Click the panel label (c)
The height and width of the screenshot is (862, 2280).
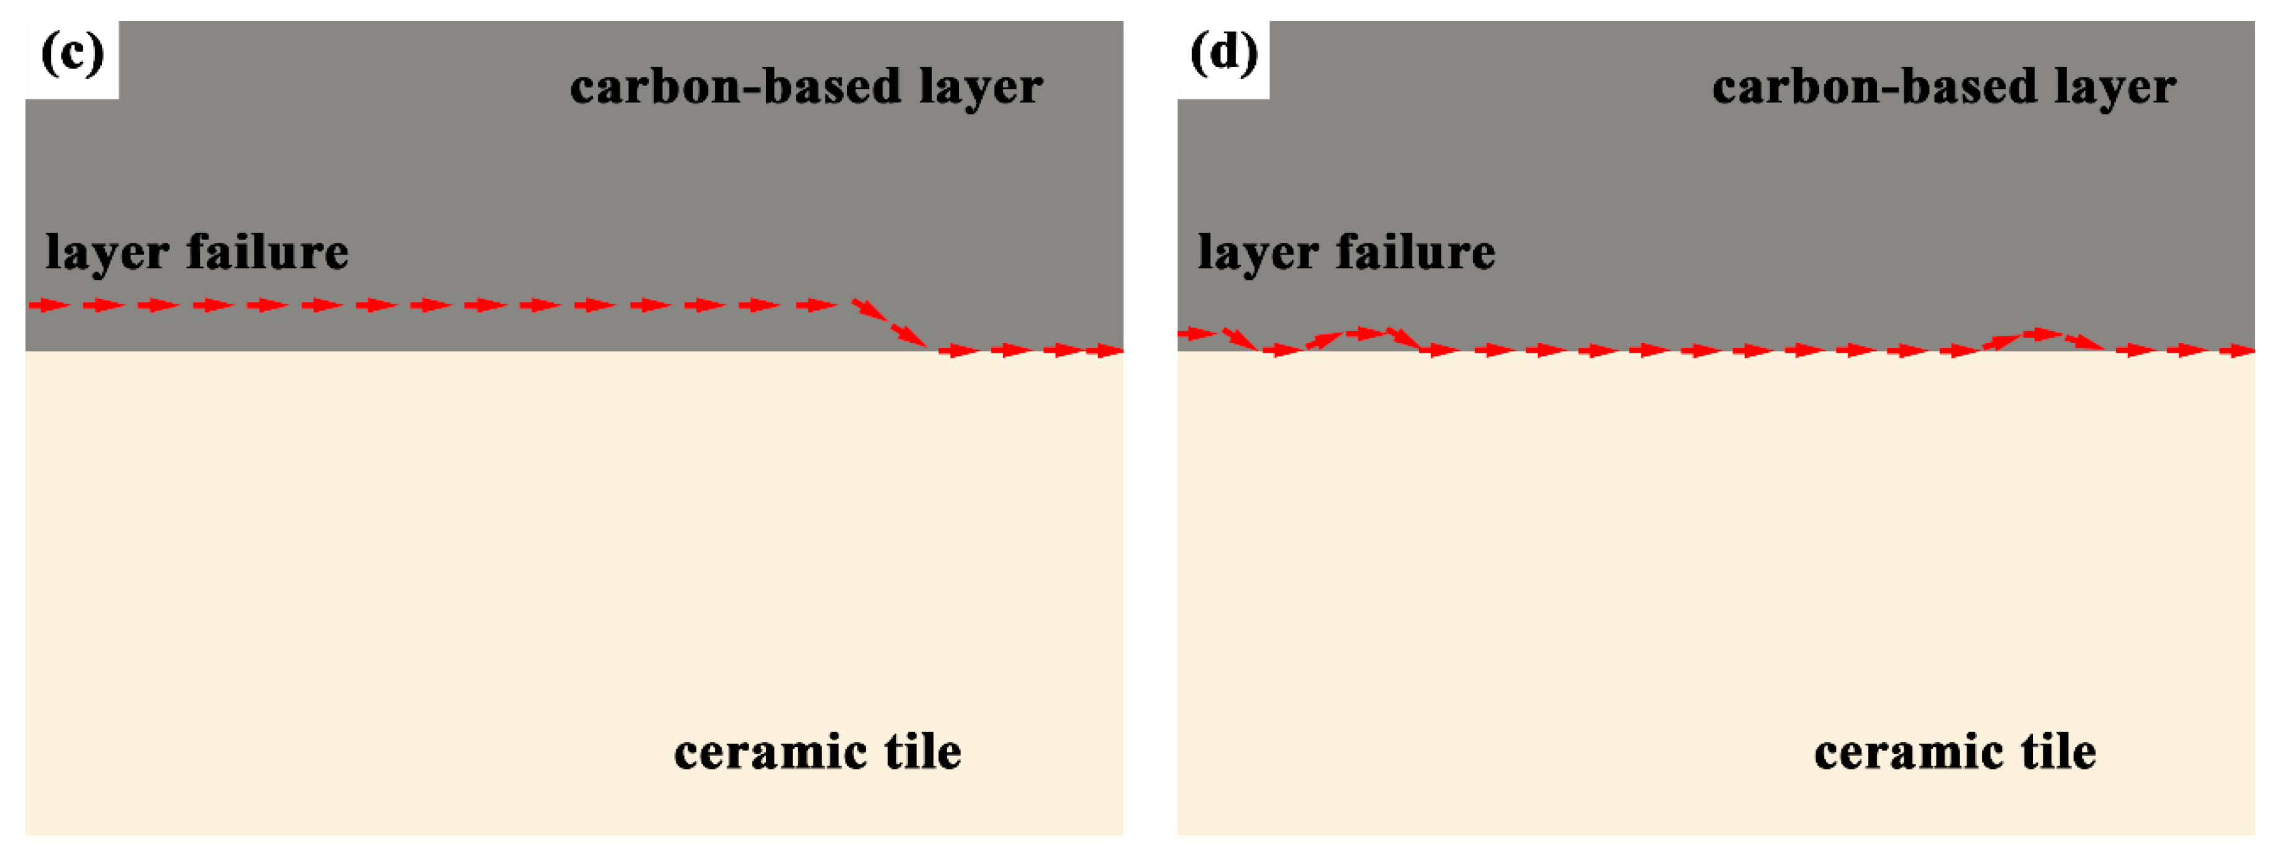[73, 55]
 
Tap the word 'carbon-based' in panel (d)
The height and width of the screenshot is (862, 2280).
[1874, 88]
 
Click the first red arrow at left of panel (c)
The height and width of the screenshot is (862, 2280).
[50, 306]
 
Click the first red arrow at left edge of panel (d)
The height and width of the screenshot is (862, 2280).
[1197, 333]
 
